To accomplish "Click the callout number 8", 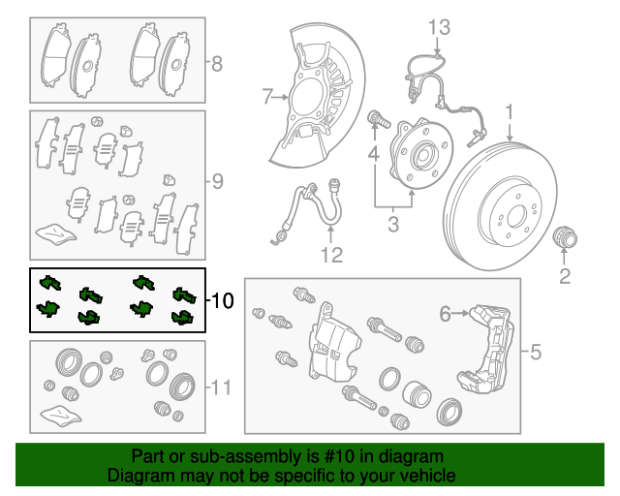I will click(217, 65).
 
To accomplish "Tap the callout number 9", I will click(217, 180).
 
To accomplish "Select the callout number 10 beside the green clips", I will click(221, 301).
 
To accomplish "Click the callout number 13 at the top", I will click(439, 25).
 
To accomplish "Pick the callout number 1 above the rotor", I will click(508, 113).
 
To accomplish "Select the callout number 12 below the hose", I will click(331, 256).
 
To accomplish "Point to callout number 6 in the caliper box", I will click(446, 313).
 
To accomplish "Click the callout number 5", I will click(535, 352).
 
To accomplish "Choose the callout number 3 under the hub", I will click(392, 227).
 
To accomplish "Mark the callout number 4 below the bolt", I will click(373, 153).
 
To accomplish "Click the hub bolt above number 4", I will click(377, 120).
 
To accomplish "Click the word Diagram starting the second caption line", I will click(139, 476).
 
